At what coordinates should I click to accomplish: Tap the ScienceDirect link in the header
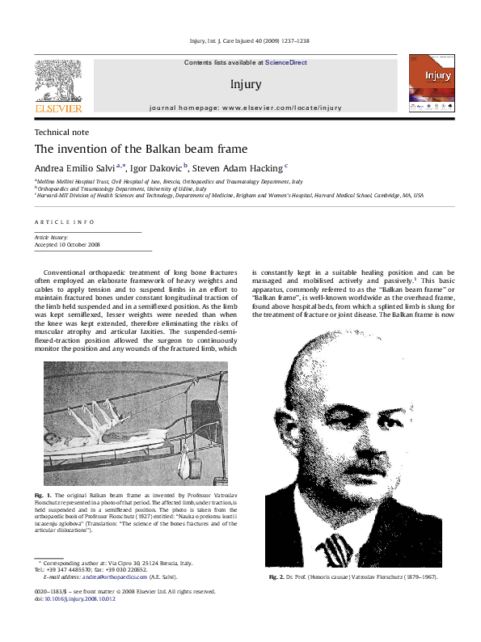pos(285,62)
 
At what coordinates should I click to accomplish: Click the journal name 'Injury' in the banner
pos(245,83)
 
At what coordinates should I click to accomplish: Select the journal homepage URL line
pos(245,108)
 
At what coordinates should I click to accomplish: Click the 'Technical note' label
pos(61,132)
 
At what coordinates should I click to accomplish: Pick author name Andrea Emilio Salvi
pos(78,168)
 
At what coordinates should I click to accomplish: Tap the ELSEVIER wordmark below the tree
pos(57,108)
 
